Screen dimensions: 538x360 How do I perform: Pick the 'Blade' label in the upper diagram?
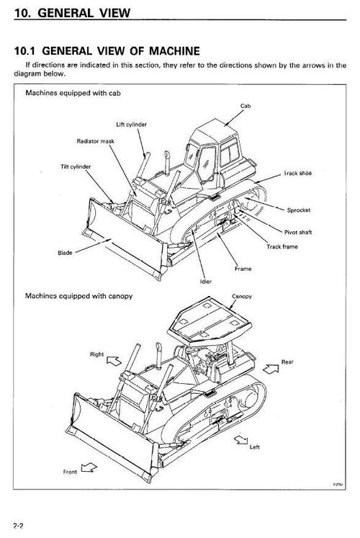click(65, 254)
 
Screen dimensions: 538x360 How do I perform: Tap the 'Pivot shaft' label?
click(299, 233)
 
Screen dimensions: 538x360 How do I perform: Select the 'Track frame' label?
click(282, 247)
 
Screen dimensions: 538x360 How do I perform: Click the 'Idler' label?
click(204, 282)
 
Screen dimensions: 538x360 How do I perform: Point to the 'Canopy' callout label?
click(241, 297)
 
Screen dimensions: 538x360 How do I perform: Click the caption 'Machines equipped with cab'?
click(72, 94)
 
